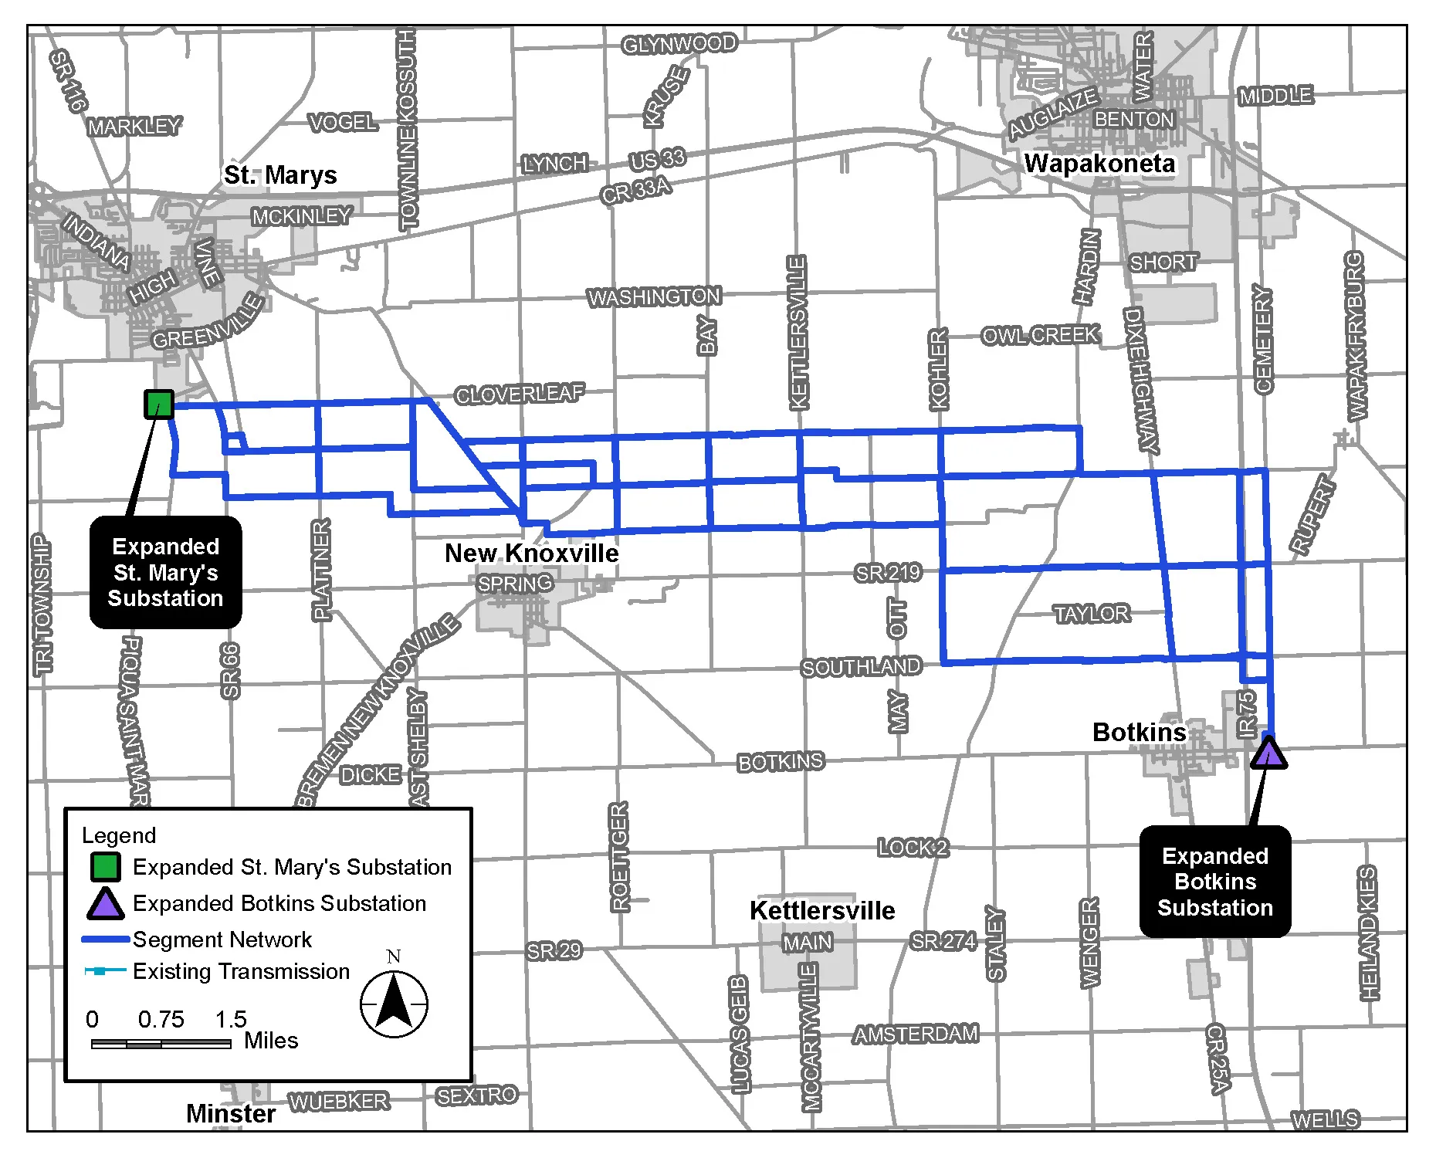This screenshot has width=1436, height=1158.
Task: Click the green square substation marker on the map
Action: tap(159, 404)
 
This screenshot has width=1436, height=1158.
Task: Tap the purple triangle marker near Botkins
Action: tap(1268, 753)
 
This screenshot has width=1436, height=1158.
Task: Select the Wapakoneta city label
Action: tap(1099, 164)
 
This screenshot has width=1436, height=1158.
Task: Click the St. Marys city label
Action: tap(280, 175)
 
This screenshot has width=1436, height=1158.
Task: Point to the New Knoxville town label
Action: tap(531, 553)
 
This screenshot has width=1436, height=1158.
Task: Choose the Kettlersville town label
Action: tap(822, 910)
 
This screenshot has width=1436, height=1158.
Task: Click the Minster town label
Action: tap(231, 1113)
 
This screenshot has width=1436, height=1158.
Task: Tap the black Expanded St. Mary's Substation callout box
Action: tap(166, 572)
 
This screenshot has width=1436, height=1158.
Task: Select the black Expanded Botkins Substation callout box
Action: tap(1214, 882)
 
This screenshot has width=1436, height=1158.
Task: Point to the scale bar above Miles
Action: tap(161, 1044)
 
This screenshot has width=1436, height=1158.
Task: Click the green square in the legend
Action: tap(105, 867)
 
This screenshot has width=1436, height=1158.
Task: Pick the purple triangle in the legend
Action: tap(105, 904)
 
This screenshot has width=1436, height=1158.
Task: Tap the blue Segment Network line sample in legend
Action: tap(105, 940)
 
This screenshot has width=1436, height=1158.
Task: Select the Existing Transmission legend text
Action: tap(241, 971)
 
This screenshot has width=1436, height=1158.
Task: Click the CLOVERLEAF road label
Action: tap(520, 394)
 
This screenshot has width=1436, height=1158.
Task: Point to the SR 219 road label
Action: tap(888, 573)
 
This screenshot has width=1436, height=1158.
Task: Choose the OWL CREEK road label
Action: tap(1039, 335)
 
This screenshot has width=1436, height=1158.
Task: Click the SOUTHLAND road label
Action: tap(861, 666)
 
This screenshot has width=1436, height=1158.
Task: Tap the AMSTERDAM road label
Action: tap(916, 1034)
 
